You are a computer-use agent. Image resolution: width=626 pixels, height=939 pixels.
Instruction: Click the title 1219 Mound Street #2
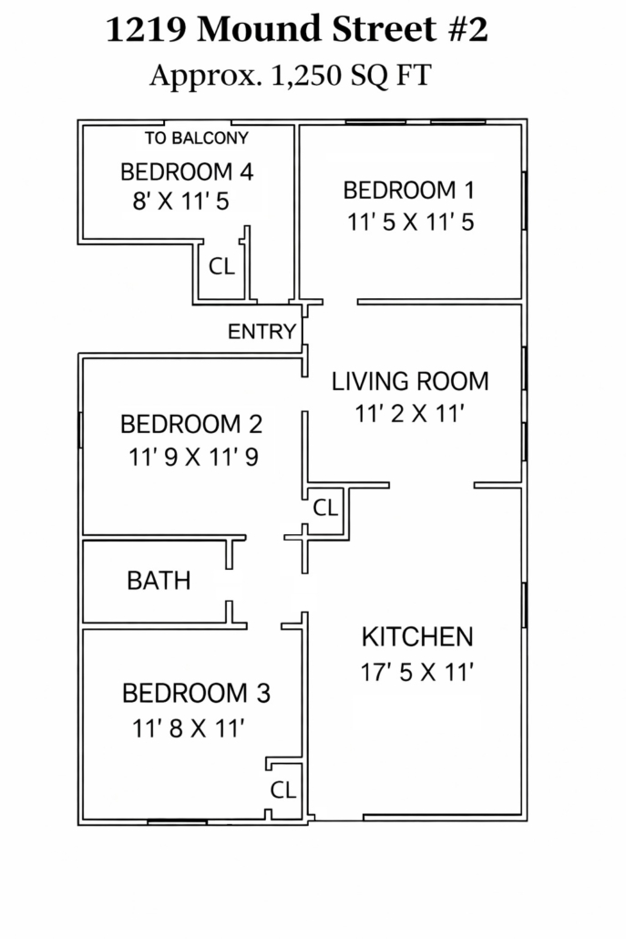297,29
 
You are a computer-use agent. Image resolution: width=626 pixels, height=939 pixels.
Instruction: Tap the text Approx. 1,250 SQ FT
291,76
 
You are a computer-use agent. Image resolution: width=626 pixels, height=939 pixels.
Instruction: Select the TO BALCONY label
196,139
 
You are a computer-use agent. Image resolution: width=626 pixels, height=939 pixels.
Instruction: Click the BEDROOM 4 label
187,172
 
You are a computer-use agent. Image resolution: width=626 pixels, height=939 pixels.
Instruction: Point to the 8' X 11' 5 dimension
180,201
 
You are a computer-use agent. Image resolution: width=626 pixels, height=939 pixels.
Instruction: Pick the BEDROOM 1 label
409,191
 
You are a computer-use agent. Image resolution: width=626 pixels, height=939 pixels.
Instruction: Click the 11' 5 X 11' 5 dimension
411,222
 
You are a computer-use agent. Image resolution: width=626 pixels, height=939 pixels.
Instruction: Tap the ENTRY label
262,331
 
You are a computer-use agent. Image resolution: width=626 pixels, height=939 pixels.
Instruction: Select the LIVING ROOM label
411,381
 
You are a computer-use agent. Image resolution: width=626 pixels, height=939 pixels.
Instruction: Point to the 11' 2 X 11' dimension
410,413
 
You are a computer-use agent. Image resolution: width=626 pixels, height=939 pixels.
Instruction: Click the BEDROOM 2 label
191,425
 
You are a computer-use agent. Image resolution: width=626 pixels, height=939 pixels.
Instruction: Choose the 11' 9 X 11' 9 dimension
193,457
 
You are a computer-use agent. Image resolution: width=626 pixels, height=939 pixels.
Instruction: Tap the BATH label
159,581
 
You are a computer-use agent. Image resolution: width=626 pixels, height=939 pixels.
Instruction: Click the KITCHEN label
417,637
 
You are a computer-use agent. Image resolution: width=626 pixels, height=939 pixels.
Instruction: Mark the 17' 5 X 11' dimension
416,672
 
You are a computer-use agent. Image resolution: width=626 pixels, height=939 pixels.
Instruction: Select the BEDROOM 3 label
196,694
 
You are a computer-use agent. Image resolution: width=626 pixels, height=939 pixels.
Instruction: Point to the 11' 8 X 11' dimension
188,728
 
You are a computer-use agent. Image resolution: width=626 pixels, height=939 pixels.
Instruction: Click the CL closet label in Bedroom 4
221,266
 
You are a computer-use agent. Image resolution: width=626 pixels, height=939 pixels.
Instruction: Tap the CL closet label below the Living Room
325,508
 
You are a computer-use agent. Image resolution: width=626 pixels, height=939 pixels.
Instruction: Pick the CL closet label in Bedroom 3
283,789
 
